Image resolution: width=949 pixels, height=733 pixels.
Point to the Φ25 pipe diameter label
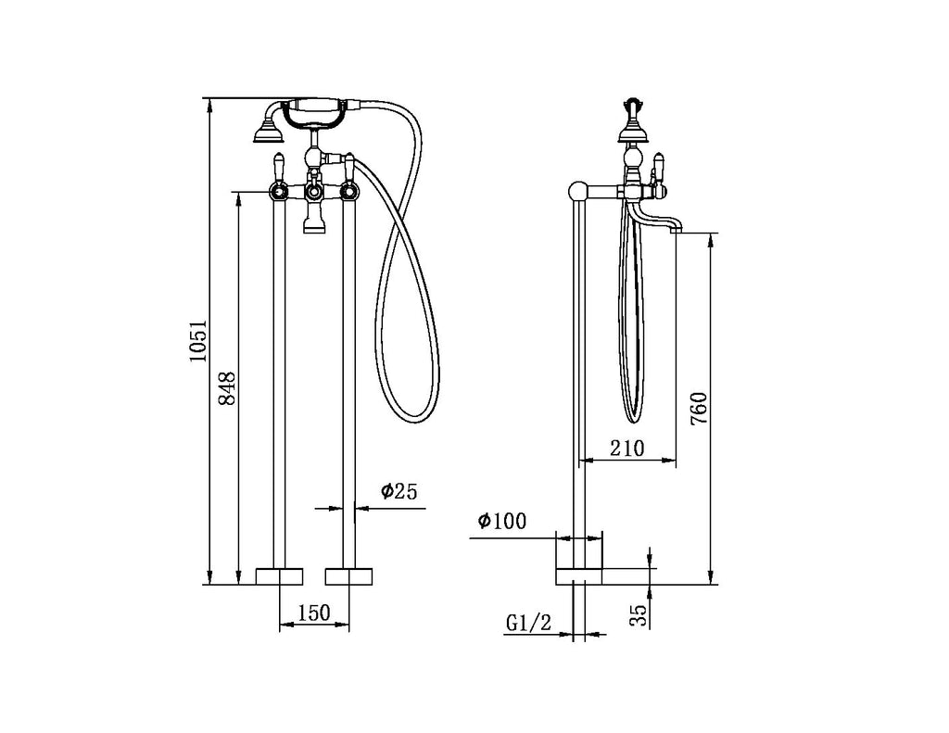pos(398,492)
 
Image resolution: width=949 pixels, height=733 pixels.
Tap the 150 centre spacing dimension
pos(314,613)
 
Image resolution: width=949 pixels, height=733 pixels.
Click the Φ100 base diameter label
pos(501,522)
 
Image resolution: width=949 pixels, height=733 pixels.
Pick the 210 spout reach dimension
pos(626,449)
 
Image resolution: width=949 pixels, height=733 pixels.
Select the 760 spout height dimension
pos(700,409)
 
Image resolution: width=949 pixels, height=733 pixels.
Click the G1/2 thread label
pos(528,624)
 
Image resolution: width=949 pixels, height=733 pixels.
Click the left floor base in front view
pos(279,575)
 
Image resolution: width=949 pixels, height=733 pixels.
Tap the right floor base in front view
pos(349,575)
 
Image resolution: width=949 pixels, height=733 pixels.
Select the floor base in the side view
pos(579,575)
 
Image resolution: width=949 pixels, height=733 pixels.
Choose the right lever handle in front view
pos(350,167)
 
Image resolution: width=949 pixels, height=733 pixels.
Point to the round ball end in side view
pos(576,192)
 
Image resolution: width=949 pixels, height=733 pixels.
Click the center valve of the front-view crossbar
pos(314,192)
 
